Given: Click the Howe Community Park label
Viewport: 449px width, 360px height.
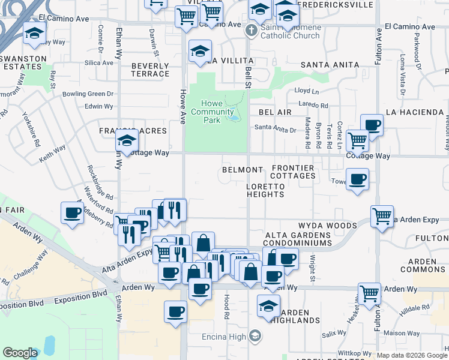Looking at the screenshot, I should coord(212,112).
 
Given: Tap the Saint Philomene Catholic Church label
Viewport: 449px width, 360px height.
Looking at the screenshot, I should coord(291,31).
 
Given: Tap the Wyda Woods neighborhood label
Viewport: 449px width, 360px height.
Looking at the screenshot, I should coord(328,226).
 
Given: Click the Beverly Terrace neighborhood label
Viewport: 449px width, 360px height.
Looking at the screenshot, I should coord(150,70).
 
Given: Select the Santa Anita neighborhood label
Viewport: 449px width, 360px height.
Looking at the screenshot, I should coord(330,65).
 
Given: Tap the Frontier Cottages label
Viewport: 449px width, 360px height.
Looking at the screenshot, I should coord(293,172).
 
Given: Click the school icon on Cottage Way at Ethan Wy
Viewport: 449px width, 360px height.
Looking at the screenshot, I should coord(127,142).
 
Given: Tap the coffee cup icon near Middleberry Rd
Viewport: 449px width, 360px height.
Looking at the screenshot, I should coord(72,212).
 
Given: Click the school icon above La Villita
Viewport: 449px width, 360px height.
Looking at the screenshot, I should coord(200,51).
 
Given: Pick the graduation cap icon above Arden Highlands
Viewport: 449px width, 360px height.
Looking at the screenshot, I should coord(268,305).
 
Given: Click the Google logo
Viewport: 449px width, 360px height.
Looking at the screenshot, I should coord(20,353).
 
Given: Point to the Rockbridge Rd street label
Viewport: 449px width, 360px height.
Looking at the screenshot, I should coord(100,182).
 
